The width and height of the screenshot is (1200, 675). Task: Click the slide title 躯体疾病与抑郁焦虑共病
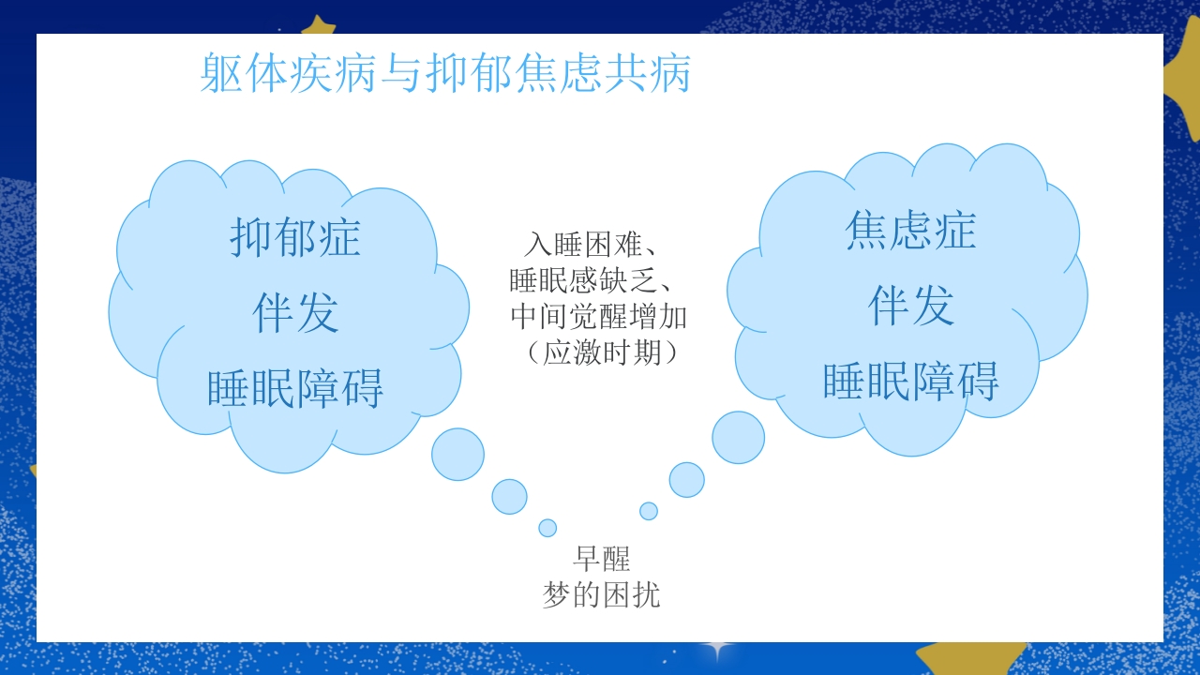coord(445,74)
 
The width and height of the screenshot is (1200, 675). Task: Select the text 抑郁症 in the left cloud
coord(295,238)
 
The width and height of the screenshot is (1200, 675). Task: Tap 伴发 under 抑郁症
coord(295,312)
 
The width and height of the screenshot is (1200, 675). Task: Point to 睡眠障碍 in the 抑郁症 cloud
coord(295,387)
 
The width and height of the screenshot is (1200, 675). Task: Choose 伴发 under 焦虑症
coord(910,306)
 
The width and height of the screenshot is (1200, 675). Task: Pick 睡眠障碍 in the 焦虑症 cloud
coord(910,380)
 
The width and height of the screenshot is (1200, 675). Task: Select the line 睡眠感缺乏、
coord(596,280)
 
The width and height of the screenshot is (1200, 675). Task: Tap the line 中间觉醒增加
coord(598,316)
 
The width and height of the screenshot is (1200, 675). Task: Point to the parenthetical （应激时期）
coord(598,352)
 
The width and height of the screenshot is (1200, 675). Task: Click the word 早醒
coord(601,559)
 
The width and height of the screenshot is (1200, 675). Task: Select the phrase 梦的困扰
coord(601,594)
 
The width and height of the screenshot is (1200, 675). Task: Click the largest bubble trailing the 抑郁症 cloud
coord(457,454)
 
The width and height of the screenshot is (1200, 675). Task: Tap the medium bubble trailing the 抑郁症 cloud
coord(509,496)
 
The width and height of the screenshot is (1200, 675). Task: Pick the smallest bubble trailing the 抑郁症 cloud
coord(547,528)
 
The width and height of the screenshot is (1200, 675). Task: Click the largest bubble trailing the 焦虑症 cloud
coord(738,437)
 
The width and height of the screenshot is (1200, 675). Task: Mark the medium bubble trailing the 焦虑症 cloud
coord(686,479)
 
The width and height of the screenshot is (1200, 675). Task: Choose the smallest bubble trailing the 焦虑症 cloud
coord(649,511)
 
